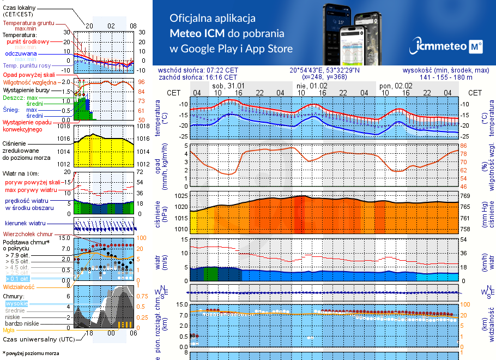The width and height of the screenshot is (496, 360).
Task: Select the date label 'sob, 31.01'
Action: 227,86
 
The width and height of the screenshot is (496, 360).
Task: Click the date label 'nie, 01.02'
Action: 312,86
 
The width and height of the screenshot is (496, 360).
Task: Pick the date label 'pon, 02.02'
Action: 396,86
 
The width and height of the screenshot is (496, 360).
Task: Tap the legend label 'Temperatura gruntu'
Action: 27,23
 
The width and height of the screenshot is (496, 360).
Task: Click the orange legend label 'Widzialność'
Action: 19,286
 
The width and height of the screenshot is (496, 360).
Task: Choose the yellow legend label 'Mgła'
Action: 8,330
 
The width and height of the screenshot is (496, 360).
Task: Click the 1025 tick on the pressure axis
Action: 180,195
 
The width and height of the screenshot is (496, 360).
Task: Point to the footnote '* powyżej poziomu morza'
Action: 31,353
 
